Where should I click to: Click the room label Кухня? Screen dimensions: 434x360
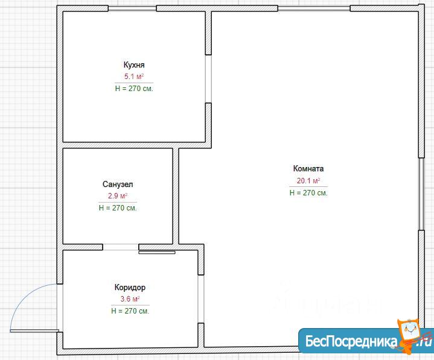pyautogui.click(x=134, y=65)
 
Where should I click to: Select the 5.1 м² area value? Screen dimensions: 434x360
pyautogui.click(x=134, y=77)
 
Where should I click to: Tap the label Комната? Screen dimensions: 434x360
pyautogui.click(x=308, y=168)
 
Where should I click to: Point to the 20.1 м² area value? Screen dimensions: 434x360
pyautogui.click(x=308, y=180)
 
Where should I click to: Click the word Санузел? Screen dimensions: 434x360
pyautogui.click(x=118, y=184)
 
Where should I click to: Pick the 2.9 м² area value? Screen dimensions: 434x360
pyautogui.click(x=118, y=196)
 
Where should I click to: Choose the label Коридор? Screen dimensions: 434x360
pyautogui.click(x=130, y=288)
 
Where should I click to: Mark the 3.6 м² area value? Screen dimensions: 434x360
pyautogui.click(x=130, y=299)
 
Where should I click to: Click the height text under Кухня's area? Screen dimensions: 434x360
pyautogui.click(x=134, y=89)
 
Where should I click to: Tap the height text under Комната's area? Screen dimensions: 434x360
pyautogui.click(x=308, y=193)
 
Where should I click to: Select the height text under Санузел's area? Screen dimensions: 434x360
pyautogui.click(x=118, y=208)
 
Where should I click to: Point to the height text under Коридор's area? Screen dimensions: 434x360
pyautogui.click(x=130, y=311)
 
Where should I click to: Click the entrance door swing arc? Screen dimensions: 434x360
pyautogui.click(x=24, y=294)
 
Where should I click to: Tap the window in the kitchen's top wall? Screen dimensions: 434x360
pyautogui.click(x=132, y=8)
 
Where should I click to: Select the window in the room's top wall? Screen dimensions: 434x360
pyautogui.click(x=314, y=8)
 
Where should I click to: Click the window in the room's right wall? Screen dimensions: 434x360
pyautogui.click(x=421, y=194)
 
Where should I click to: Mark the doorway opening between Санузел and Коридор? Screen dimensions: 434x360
pyautogui.click(x=121, y=247)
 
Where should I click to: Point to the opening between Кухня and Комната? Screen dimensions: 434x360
pyautogui.click(x=208, y=79)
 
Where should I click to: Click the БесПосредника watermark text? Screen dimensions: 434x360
pyautogui.click(x=351, y=341)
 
